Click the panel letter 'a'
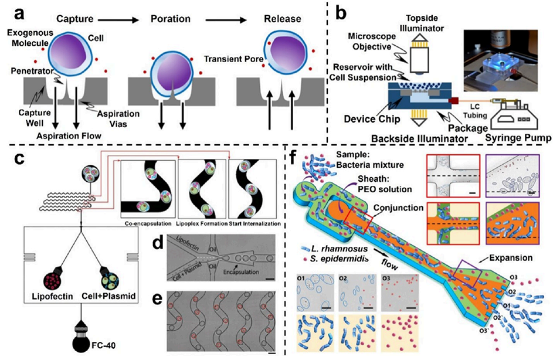pos(15,12)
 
